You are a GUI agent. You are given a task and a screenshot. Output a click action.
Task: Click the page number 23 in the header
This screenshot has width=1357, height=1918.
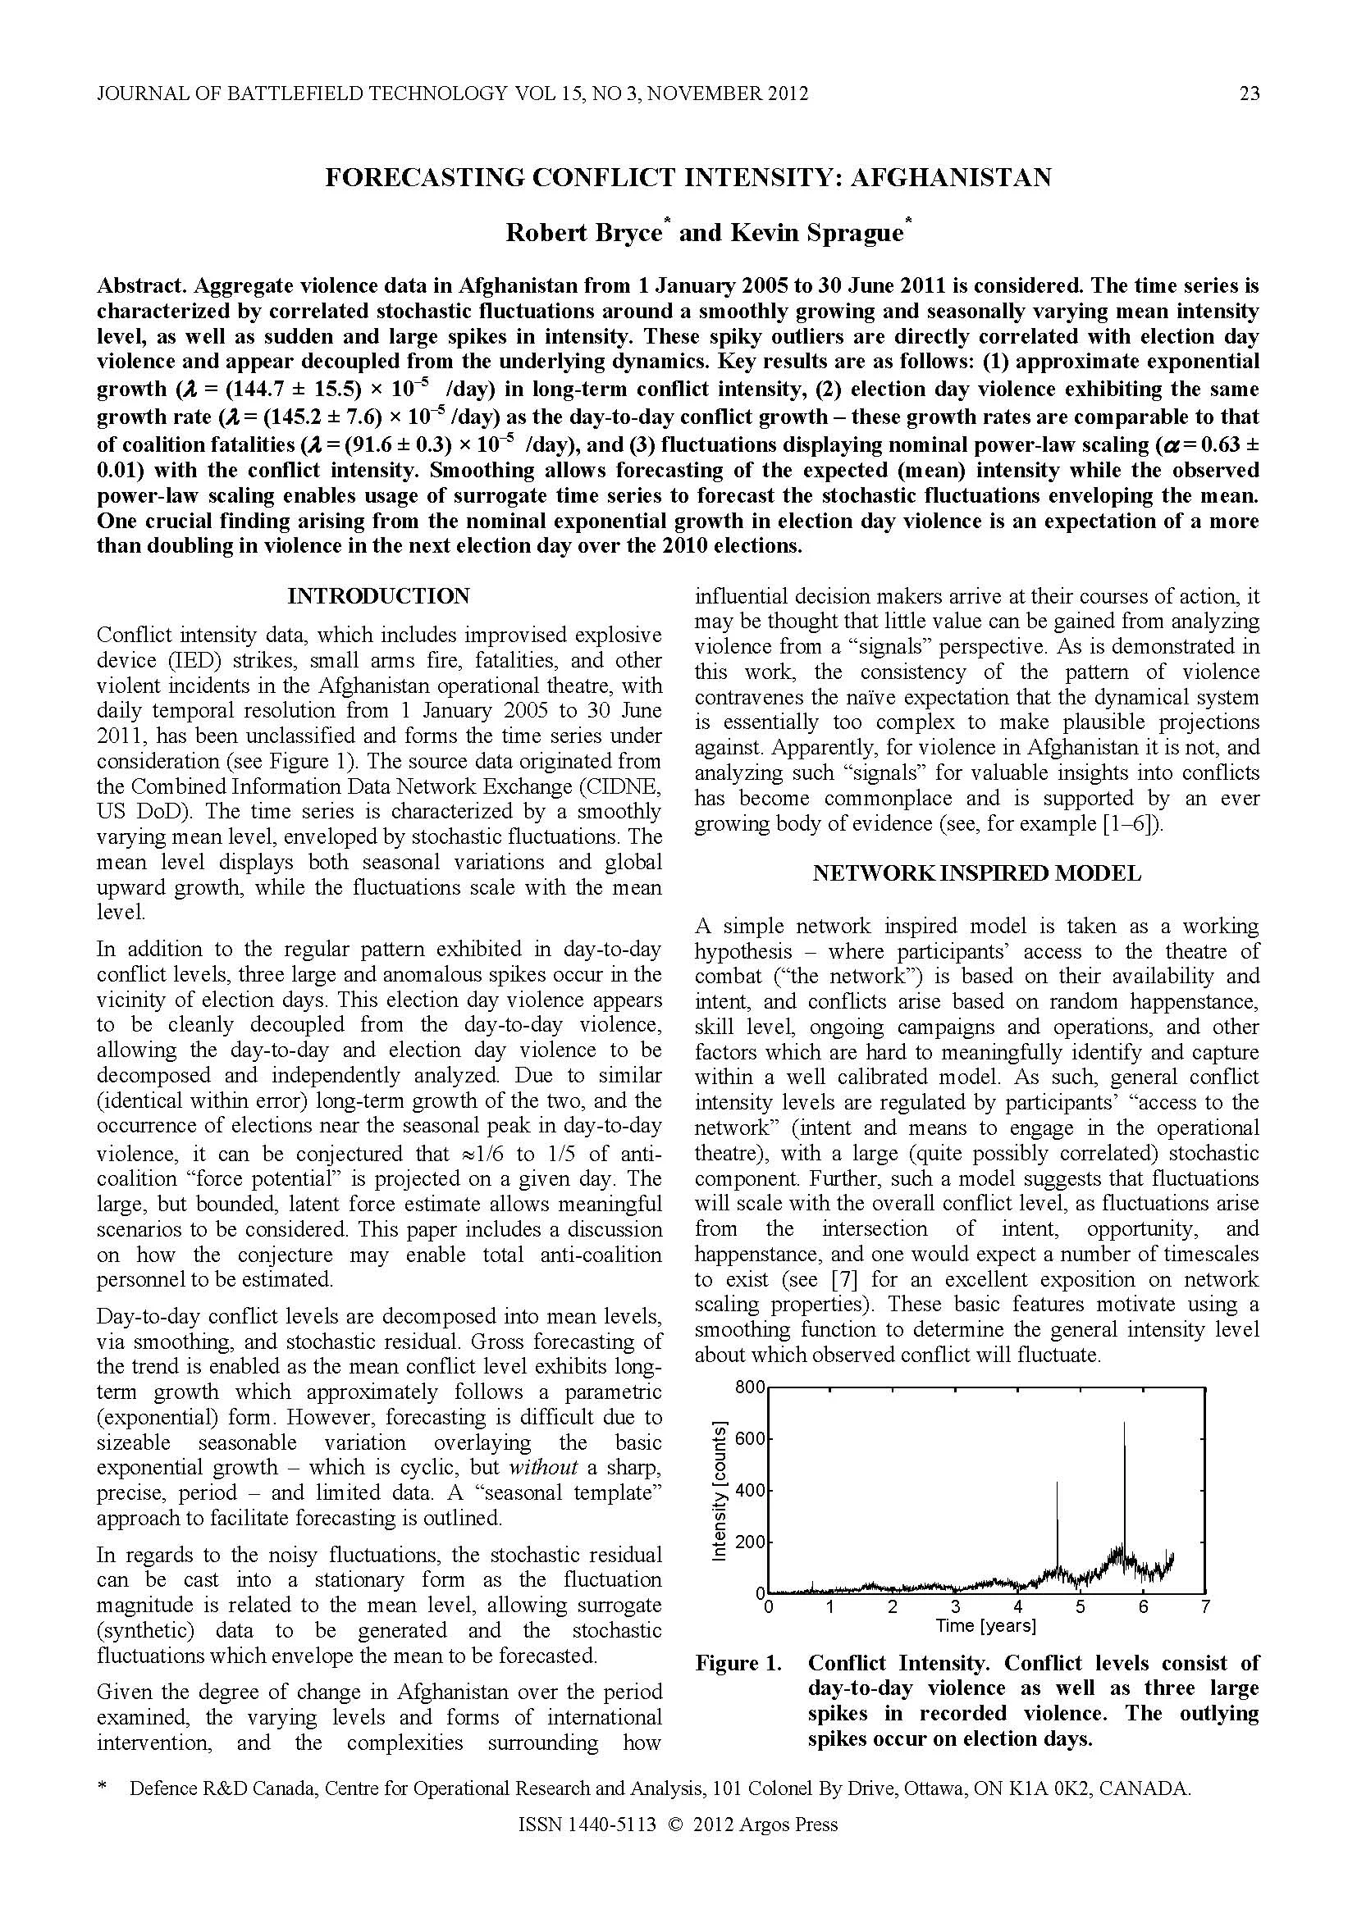point(1249,93)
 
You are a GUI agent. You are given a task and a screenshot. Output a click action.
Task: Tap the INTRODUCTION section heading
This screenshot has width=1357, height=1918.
point(378,595)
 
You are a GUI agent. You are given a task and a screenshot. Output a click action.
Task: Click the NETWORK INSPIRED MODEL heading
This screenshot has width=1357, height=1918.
point(976,873)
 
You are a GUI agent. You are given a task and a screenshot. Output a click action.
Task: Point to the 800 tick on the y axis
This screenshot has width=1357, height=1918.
point(749,1387)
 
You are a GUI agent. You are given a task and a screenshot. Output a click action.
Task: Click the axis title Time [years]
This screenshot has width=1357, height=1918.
point(985,1625)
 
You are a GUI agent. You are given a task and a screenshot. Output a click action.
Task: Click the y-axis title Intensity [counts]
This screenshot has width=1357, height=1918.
point(719,1489)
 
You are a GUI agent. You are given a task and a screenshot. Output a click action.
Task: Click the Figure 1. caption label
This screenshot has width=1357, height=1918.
point(738,1663)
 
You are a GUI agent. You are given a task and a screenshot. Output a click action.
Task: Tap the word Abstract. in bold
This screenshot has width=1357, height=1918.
point(142,285)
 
